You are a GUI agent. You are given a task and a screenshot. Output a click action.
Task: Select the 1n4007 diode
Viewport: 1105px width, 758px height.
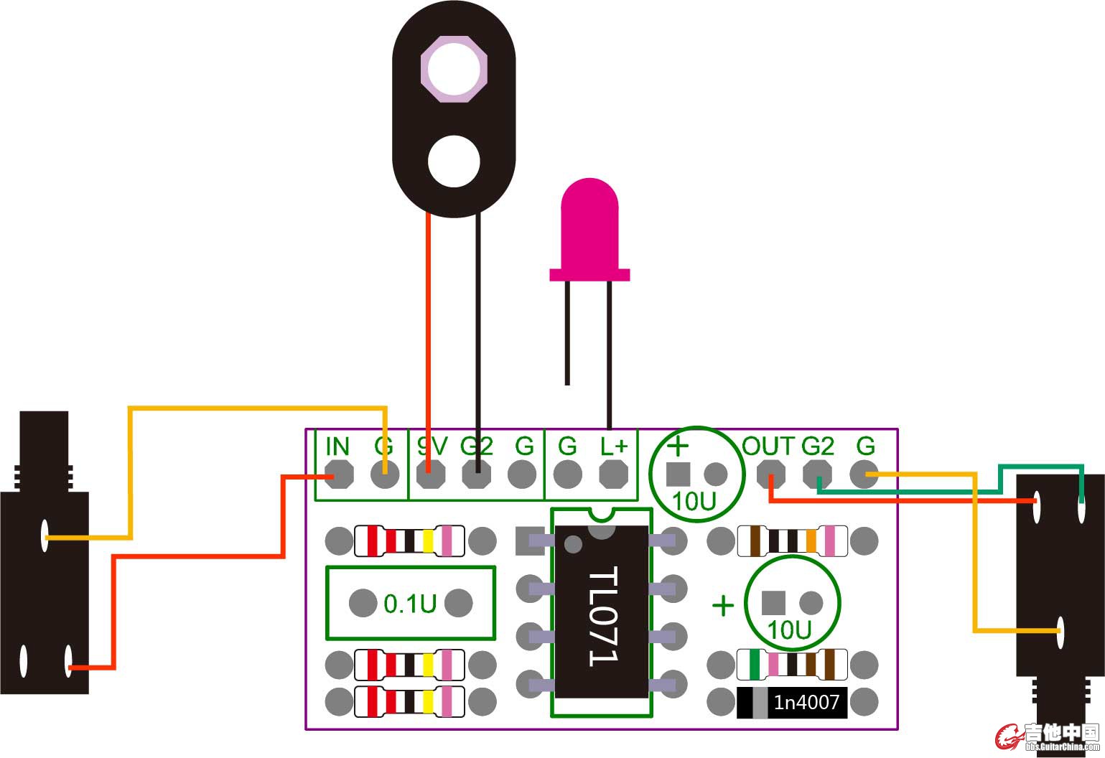point(792,702)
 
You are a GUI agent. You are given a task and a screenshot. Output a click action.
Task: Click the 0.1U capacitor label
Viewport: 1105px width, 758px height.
point(410,604)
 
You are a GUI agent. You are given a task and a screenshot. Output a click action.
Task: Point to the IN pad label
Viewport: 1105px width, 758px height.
point(337,446)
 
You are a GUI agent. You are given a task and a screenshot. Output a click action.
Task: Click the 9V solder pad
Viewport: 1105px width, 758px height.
point(431,474)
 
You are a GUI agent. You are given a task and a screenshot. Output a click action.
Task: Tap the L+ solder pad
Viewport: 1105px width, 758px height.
point(613,474)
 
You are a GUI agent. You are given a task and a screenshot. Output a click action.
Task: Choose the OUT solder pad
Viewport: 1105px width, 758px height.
point(770,474)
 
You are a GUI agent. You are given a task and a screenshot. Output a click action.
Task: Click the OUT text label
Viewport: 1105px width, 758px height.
point(768,446)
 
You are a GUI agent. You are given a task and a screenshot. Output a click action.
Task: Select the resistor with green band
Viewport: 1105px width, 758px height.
point(792,664)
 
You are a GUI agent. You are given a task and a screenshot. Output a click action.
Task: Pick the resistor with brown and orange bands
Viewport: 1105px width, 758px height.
point(792,541)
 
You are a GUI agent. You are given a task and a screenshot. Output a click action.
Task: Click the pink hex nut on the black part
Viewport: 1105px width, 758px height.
point(454,70)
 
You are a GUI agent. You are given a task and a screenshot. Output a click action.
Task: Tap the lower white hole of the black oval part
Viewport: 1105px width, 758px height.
point(454,161)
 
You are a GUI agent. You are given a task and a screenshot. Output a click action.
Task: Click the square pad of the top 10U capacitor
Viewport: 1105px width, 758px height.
point(679,474)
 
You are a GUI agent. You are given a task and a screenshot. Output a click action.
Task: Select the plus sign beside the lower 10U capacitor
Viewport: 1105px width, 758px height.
point(722,606)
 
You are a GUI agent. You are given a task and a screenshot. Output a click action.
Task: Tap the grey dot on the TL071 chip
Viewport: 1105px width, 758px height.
point(573,545)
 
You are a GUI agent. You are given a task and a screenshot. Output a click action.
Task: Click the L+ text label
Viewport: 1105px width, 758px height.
point(614,446)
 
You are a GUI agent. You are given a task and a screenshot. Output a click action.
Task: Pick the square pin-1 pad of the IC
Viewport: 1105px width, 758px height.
point(530,541)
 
